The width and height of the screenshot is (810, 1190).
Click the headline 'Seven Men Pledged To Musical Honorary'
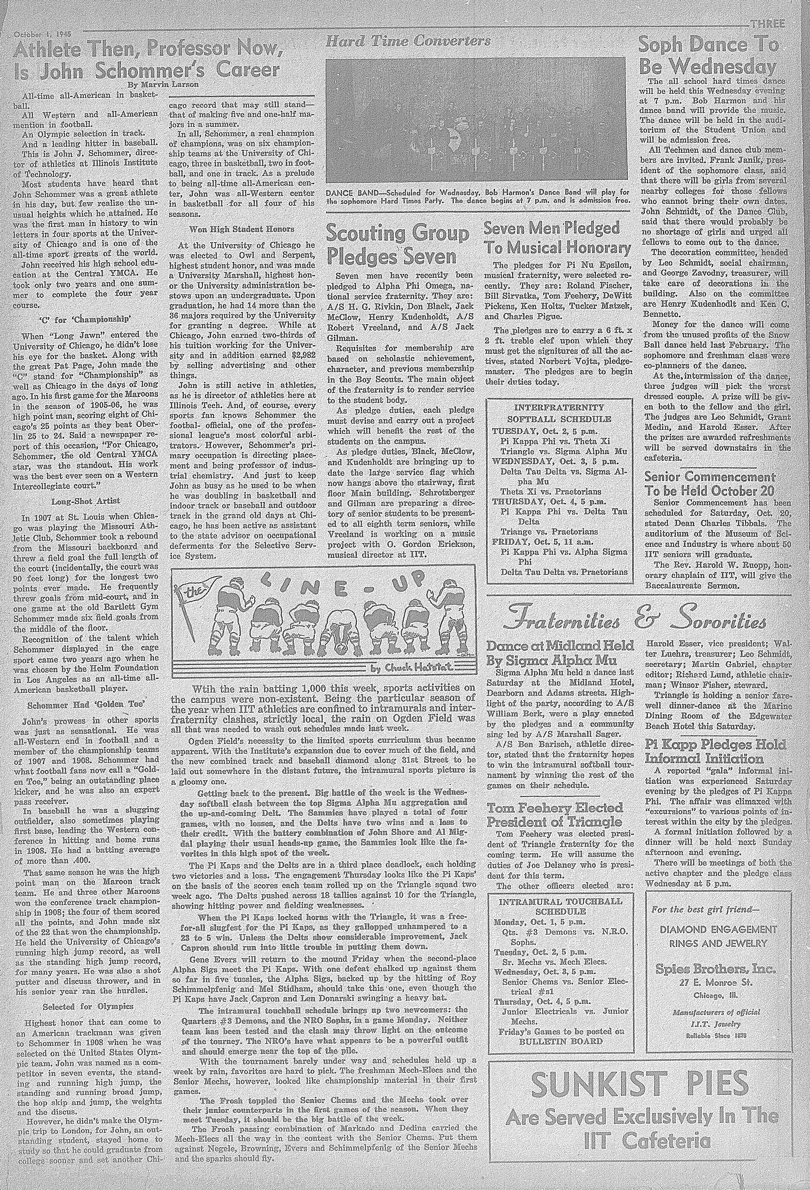point(557,237)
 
